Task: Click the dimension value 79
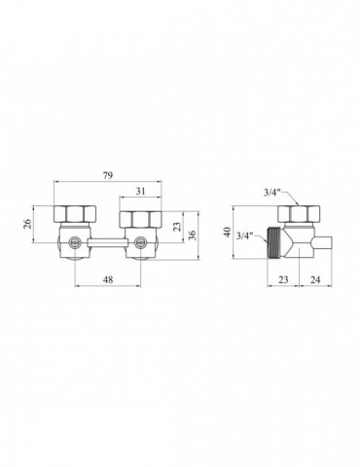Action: click(108, 175)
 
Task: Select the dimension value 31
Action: click(140, 192)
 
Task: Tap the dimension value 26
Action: click(28, 224)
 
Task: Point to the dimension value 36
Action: click(192, 234)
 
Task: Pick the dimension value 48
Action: click(108, 279)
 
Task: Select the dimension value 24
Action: click(315, 279)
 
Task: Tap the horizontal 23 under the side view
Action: click(283, 279)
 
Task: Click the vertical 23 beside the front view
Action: click(177, 226)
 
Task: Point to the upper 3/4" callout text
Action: click(270, 193)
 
